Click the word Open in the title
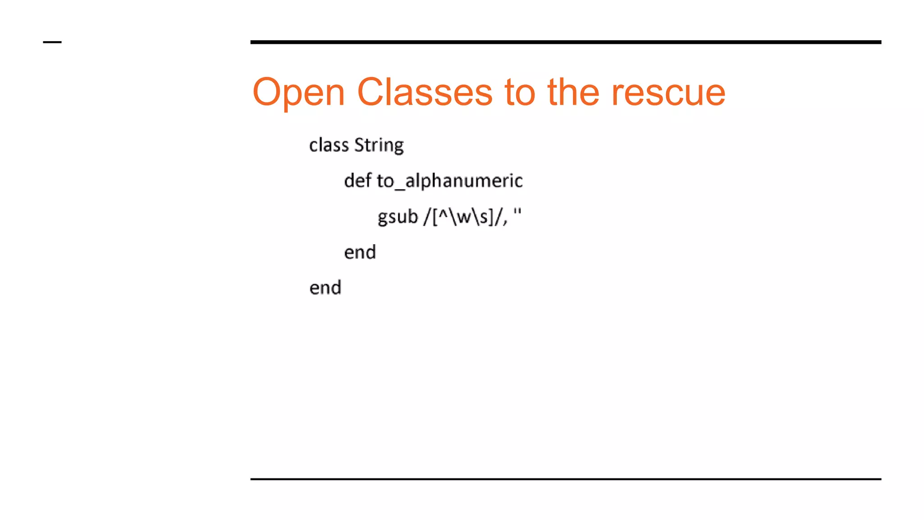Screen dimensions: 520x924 (299, 93)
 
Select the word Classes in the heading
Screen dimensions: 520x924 (425, 93)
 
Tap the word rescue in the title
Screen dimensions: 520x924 (668, 93)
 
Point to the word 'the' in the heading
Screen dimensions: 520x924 (573, 93)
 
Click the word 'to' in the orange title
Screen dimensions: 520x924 (520, 93)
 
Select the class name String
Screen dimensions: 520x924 (379, 145)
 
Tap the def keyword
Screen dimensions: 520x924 (358, 181)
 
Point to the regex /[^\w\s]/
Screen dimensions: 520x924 (465, 217)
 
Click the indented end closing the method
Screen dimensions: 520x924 (360, 252)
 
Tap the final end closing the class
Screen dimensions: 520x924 (325, 288)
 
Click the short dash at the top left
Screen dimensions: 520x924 (52, 42)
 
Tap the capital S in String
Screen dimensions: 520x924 (360, 145)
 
